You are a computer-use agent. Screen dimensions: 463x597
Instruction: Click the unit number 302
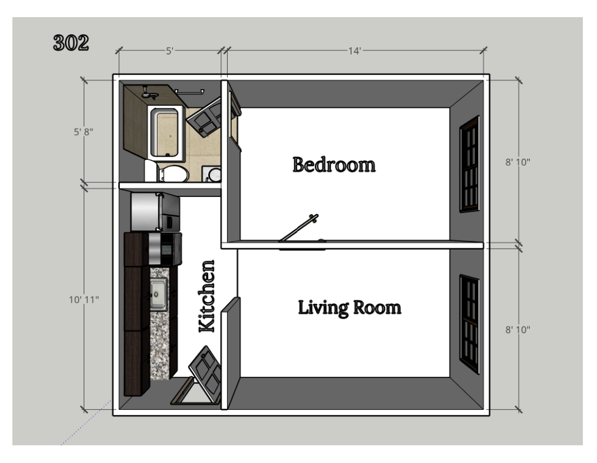71,43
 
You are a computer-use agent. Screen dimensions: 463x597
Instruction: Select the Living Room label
349,307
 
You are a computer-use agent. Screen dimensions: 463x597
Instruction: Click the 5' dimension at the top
170,51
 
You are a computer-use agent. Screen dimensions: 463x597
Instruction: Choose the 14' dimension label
354,51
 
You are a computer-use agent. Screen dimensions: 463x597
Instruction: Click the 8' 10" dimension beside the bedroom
518,162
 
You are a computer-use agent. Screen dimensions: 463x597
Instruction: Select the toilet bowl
172,174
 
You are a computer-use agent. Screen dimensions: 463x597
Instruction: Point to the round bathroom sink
215,175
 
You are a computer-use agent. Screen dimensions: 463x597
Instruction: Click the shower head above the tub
149,94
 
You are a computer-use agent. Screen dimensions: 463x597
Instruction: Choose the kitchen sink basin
159,293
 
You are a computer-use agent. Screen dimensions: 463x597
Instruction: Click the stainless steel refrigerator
155,212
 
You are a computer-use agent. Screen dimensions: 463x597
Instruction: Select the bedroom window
470,163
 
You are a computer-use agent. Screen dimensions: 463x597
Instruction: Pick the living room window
470,324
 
